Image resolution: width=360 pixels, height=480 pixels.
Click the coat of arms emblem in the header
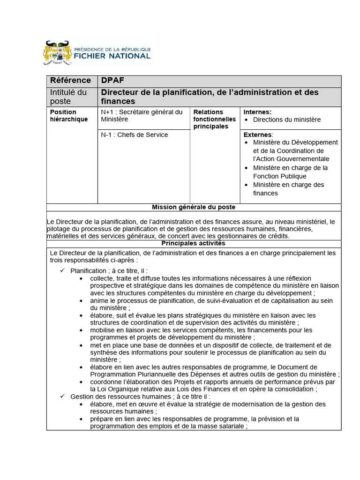coord(59,52)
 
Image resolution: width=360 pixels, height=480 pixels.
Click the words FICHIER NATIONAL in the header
coord(112,56)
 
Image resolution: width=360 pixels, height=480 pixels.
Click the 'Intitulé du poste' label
coord(68,97)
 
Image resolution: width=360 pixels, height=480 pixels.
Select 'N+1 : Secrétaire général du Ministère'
coord(142,116)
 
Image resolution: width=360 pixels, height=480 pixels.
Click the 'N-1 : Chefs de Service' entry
coord(134,135)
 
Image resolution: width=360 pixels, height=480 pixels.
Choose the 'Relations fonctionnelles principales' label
coord(211,119)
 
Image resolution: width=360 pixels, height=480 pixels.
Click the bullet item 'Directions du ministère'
coord(287,120)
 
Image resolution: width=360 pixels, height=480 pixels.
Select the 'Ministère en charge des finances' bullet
coord(295,189)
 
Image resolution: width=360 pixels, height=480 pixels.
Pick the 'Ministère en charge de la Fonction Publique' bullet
coord(290,172)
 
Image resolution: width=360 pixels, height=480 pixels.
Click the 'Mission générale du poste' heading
coord(194,207)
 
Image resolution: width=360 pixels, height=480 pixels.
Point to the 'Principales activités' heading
coord(194,243)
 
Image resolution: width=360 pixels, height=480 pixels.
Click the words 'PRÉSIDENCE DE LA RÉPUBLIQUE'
coord(112,48)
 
